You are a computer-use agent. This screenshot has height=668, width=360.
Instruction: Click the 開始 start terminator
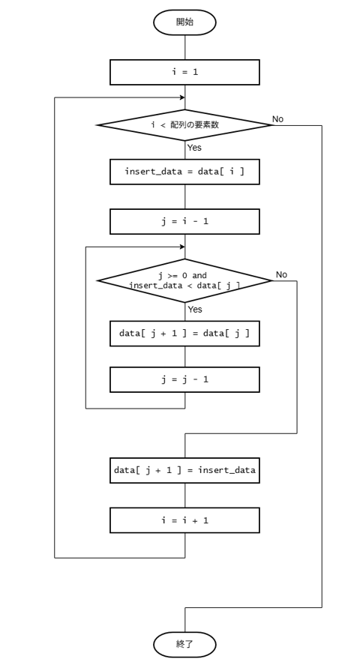pyautogui.click(x=184, y=22)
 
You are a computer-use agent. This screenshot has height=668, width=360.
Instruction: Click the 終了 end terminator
pyautogui.click(x=184, y=644)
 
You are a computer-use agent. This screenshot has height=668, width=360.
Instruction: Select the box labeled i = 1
pyautogui.click(x=184, y=72)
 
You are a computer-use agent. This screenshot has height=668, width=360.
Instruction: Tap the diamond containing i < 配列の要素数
pyautogui.click(x=184, y=124)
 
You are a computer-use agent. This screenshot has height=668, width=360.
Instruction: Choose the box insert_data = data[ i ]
pyautogui.click(x=184, y=172)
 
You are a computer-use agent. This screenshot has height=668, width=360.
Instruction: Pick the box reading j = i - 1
pyautogui.click(x=184, y=221)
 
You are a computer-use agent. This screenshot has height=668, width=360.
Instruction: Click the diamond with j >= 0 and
pyautogui.click(x=184, y=280)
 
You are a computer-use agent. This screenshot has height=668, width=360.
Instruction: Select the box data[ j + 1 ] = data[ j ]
pyautogui.click(x=184, y=334)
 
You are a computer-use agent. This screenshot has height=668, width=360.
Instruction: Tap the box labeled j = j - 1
pyautogui.click(x=184, y=379)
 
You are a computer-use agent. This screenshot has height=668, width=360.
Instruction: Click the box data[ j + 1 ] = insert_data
pyautogui.click(x=184, y=470)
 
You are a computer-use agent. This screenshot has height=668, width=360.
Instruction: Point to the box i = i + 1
pyautogui.click(x=184, y=520)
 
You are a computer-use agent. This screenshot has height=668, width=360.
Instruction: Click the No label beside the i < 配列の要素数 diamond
pyautogui.click(x=277, y=119)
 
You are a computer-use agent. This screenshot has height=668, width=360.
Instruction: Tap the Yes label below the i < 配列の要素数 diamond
pyautogui.click(x=194, y=148)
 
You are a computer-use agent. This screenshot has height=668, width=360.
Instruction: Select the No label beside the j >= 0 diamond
pyautogui.click(x=281, y=275)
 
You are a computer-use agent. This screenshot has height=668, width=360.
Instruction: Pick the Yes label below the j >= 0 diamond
pyautogui.click(x=195, y=310)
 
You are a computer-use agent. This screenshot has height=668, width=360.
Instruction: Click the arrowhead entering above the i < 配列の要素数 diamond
pyautogui.click(x=182, y=97)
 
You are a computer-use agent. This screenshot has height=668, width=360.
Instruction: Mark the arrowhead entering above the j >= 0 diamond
pyautogui.click(x=182, y=247)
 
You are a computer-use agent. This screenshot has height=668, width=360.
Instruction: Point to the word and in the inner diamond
pyautogui.click(x=199, y=276)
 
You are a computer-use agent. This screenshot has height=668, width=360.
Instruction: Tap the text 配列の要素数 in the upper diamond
pyautogui.click(x=195, y=124)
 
